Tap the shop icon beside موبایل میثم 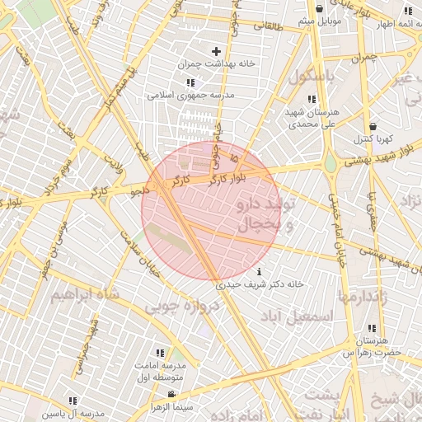click(x=318, y=8)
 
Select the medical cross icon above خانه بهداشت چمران click(x=217, y=51)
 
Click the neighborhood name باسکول click(x=312, y=76)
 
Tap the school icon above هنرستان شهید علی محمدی click(x=311, y=99)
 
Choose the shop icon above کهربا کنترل click(x=373, y=126)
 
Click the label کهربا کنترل click(x=374, y=138)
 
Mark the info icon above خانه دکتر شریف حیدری click(x=260, y=272)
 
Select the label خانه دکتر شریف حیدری click(x=260, y=284)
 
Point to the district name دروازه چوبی click(x=183, y=307)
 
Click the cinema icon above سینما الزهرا click(x=171, y=395)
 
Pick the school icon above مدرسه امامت click(x=159, y=353)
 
